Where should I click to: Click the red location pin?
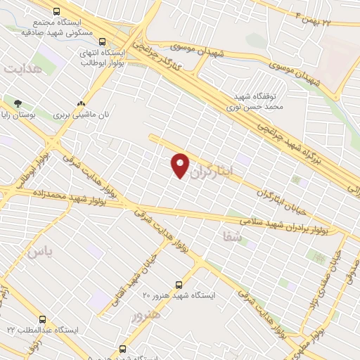[x=180, y=165]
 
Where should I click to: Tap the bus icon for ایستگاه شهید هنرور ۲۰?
[x=179, y=285]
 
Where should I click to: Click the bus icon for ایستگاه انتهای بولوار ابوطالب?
[x=103, y=41]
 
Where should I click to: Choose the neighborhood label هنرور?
[x=146, y=316]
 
